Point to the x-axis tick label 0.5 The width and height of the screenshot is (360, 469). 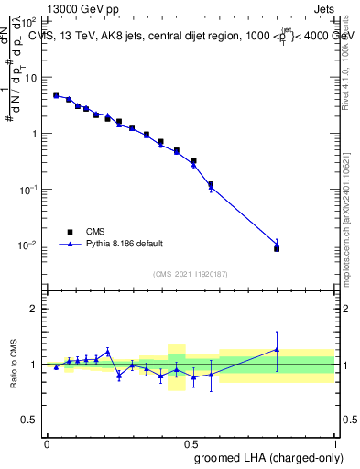191,443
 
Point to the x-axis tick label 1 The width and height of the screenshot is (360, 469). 335,443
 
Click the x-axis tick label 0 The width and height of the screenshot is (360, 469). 47,443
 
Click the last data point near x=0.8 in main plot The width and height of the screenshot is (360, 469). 278,247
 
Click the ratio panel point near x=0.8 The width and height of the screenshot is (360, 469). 278,349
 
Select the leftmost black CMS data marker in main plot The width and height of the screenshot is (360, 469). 56,94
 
